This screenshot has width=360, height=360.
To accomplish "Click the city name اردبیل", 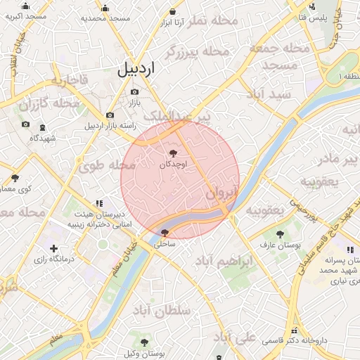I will coord(136,68).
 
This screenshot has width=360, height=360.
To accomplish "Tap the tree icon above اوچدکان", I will coord(173,153).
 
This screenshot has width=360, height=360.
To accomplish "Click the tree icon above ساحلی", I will coord(165,233).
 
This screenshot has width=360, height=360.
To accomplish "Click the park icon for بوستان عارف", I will coord(281,233).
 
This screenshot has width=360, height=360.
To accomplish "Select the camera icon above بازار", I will coord(134,91).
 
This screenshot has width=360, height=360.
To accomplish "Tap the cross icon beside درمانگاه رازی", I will coord(54,248).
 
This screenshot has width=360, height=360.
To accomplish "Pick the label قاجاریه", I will coord(69,80).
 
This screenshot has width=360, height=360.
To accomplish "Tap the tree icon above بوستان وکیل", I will coord(144,342).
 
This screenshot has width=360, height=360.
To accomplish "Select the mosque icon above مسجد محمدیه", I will coord(105,8).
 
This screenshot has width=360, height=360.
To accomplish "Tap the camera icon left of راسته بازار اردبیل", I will coord(110,115).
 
